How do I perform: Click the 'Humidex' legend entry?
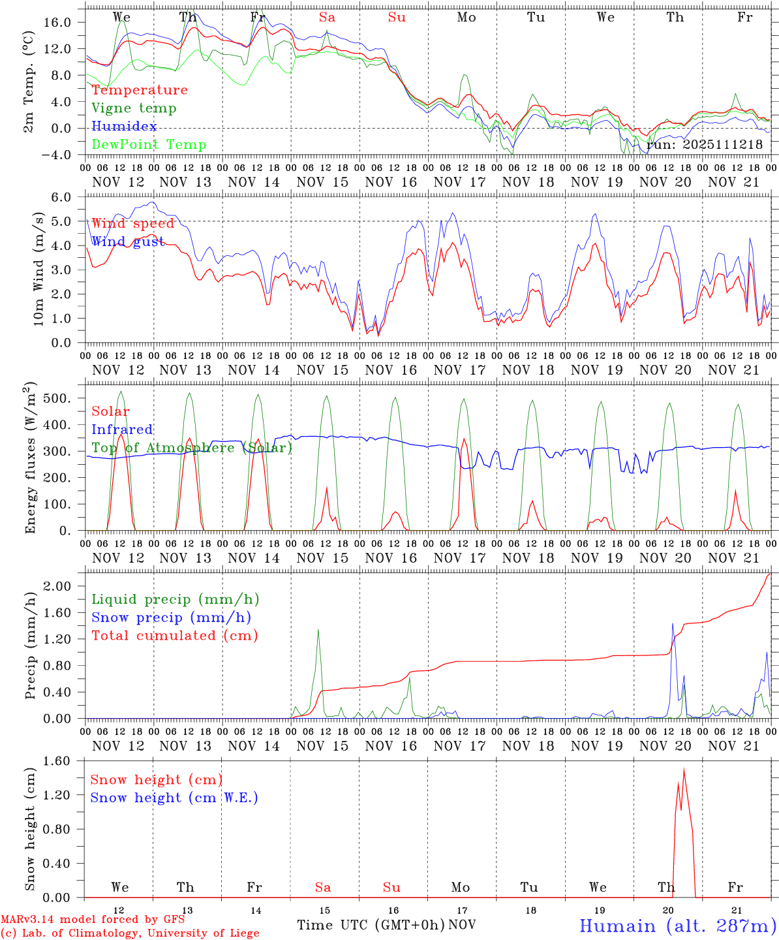coord(124,127)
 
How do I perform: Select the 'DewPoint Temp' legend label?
coord(149,145)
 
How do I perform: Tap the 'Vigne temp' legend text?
coord(134,108)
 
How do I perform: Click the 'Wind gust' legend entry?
coord(128,242)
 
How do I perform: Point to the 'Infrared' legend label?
coord(122,430)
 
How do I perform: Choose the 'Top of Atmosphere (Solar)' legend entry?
coord(191,448)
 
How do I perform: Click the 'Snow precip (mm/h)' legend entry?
coord(171,618)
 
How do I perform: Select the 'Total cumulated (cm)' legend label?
coord(174,636)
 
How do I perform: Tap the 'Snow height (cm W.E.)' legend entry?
coord(174,798)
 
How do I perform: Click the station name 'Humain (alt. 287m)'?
coord(677,926)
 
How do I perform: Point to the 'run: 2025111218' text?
coord(704,145)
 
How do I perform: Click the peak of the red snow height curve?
coord(684,769)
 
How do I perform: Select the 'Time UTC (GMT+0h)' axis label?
coord(371,925)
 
